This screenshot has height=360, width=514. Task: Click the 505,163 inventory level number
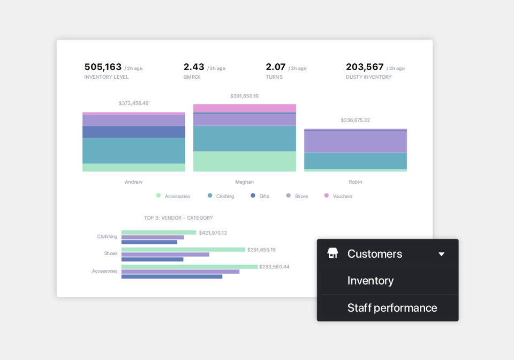point(103,67)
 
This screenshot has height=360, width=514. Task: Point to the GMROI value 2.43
point(194,67)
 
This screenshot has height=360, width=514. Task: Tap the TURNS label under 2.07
point(274,77)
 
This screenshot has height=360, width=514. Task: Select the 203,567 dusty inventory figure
point(365,67)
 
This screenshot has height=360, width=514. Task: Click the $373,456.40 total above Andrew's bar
point(133,103)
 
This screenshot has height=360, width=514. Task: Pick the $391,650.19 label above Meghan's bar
point(244,96)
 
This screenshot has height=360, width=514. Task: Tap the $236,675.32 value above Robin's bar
point(355,121)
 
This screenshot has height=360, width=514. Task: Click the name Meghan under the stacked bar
point(244,182)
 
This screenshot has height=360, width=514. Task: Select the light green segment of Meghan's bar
point(244,161)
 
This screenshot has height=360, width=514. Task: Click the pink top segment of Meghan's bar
point(244,108)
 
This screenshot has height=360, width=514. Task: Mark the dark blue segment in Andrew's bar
point(133,132)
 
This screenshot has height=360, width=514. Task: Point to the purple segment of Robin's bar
point(355,141)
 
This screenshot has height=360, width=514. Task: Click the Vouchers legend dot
point(327,196)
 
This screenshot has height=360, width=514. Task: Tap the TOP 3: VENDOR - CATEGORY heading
point(178,218)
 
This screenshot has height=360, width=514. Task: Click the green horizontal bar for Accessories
point(189,266)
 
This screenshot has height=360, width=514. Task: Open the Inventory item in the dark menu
point(371,281)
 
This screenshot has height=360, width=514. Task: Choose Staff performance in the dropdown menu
point(392,308)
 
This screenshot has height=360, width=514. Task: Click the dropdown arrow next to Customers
point(441,254)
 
